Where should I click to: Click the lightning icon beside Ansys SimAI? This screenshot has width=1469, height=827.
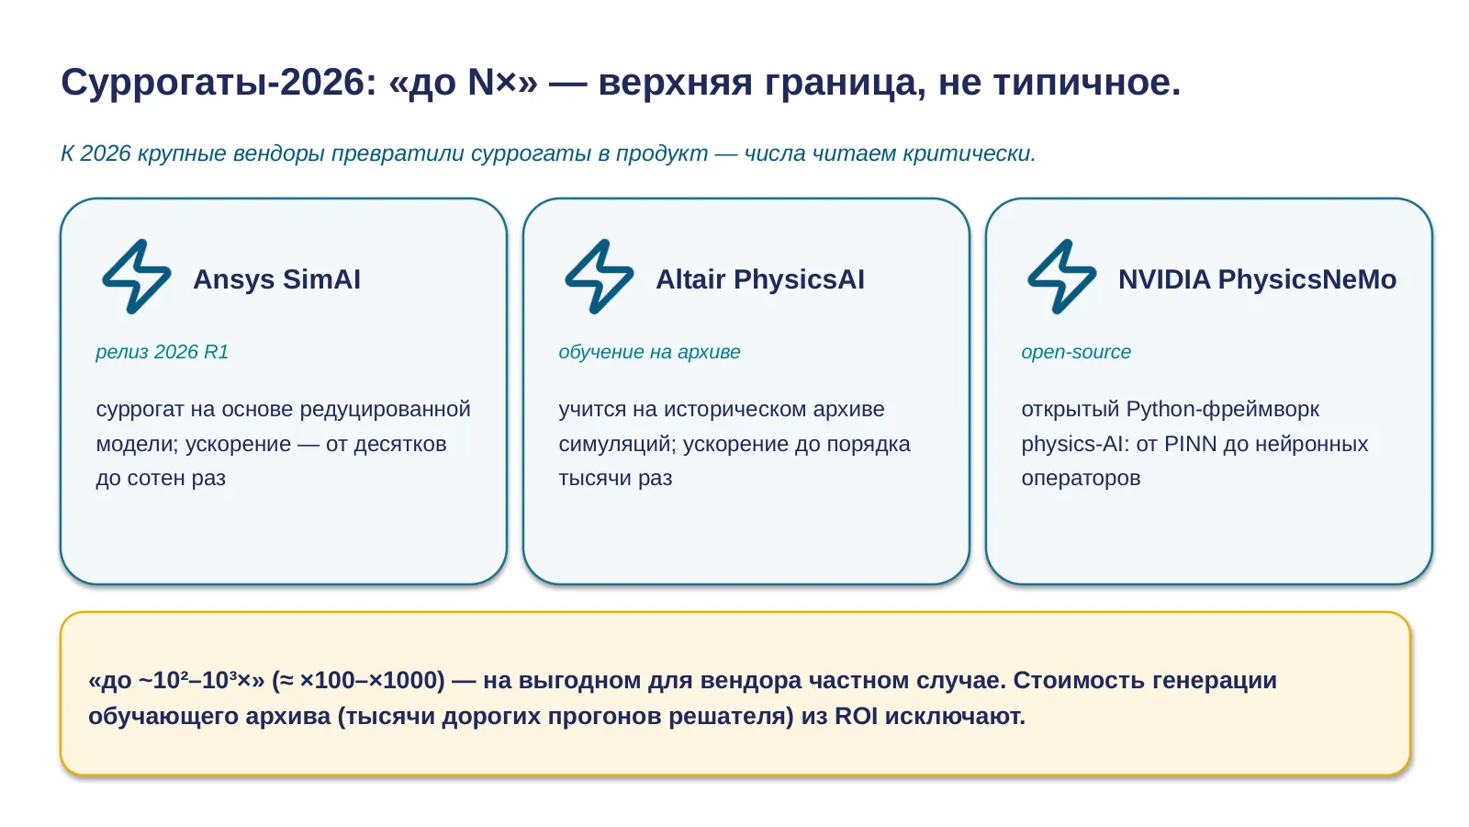pyautogui.click(x=137, y=277)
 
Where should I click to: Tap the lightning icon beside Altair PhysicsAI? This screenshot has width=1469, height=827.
pyautogui.click(x=600, y=277)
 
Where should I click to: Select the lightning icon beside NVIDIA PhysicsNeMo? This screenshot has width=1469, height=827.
pyautogui.click(x=1062, y=277)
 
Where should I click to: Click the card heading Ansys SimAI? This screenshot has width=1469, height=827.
pyautogui.click(x=276, y=279)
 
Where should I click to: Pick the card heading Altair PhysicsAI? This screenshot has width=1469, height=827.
pyautogui.click(x=760, y=279)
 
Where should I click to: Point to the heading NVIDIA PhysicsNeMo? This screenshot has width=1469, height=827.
pyautogui.click(x=1257, y=279)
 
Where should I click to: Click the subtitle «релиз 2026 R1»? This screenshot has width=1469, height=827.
pyautogui.click(x=162, y=352)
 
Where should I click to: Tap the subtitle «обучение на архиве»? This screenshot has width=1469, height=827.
pyautogui.click(x=649, y=352)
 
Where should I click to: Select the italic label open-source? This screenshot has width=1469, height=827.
pyautogui.click(x=1076, y=352)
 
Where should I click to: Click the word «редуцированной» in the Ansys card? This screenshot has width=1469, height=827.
pyautogui.click(x=385, y=410)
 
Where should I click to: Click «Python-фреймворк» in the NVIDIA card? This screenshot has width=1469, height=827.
pyautogui.click(x=1222, y=410)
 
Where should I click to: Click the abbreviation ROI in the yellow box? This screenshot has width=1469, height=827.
pyautogui.click(x=856, y=716)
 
